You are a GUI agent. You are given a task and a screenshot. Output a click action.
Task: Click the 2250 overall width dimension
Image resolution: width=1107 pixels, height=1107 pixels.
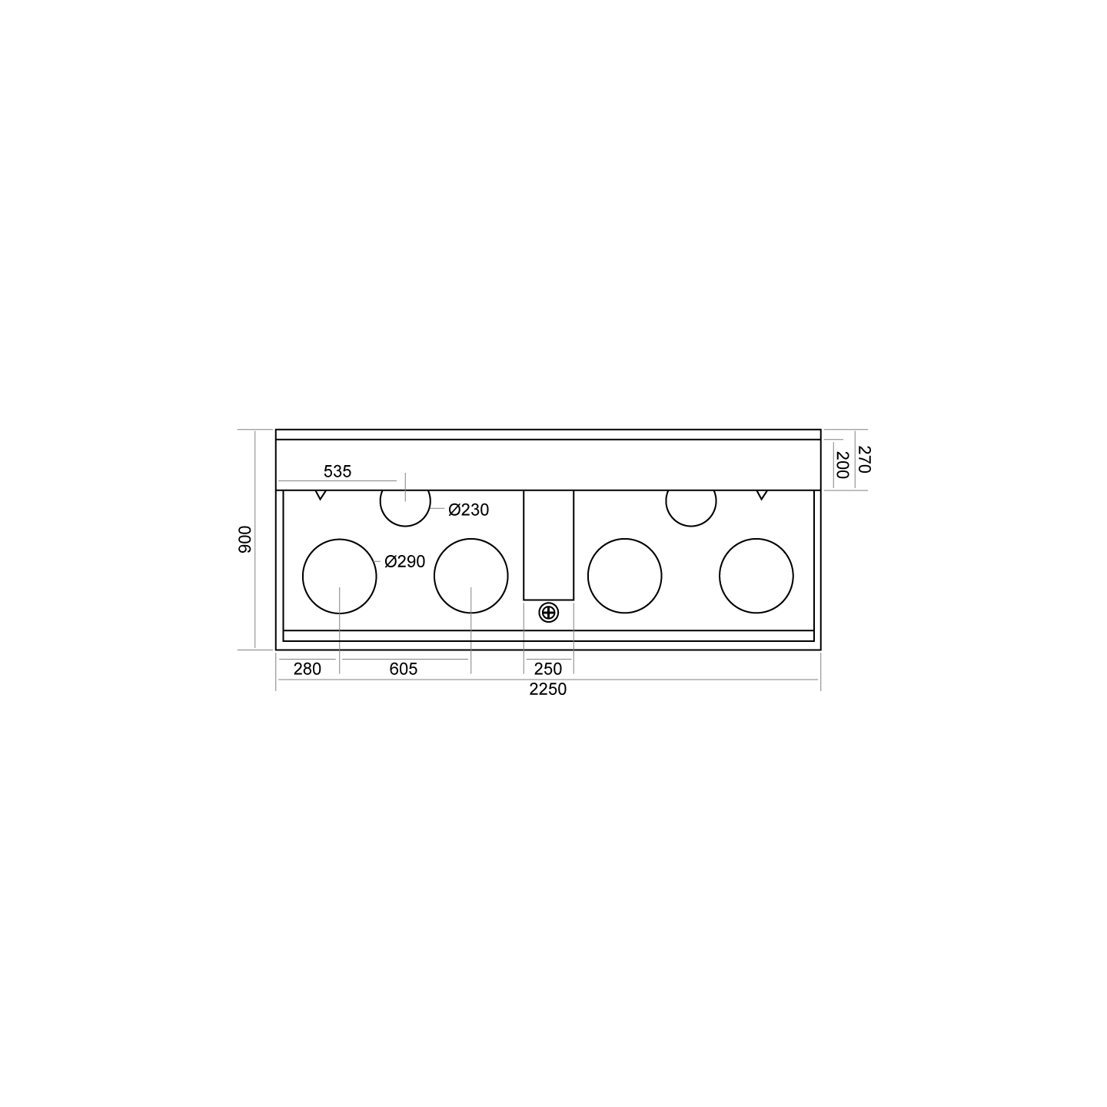(x=547, y=689)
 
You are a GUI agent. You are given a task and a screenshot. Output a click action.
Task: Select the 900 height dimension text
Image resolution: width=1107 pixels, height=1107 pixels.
(x=245, y=540)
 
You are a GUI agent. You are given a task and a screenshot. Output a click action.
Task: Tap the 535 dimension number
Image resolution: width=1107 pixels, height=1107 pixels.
(x=337, y=471)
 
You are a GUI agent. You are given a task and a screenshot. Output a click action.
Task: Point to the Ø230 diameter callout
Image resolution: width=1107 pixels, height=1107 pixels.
(x=468, y=510)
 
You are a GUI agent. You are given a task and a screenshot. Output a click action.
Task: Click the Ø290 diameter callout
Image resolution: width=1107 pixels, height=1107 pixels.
(x=405, y=561)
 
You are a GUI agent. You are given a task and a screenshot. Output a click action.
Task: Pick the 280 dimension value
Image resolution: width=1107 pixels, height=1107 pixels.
(x=307, y=669)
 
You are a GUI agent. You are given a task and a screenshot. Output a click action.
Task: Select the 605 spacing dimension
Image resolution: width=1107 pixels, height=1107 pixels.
(x=404, y=669)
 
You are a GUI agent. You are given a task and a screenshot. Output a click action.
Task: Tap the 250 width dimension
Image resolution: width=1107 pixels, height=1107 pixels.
(x=548, y=669)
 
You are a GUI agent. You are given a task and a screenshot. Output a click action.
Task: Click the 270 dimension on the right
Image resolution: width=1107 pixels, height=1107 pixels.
(x=863, y=459)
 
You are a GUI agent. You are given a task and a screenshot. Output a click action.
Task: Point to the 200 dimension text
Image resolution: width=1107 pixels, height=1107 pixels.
(x=842, y=465)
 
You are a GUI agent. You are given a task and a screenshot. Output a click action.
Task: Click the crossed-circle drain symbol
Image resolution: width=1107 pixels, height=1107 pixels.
(x=549, y=613)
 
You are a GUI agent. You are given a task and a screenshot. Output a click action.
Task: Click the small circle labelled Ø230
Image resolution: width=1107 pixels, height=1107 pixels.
(x=405, y=527)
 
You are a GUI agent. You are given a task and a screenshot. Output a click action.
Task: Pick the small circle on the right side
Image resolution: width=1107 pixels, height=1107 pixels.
(x=691, y=527)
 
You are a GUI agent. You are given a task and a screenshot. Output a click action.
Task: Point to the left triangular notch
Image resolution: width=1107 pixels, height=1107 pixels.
(x=321, y=495)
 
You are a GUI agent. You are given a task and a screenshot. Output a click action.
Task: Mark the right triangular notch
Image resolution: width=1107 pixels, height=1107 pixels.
(x=762, y=495)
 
